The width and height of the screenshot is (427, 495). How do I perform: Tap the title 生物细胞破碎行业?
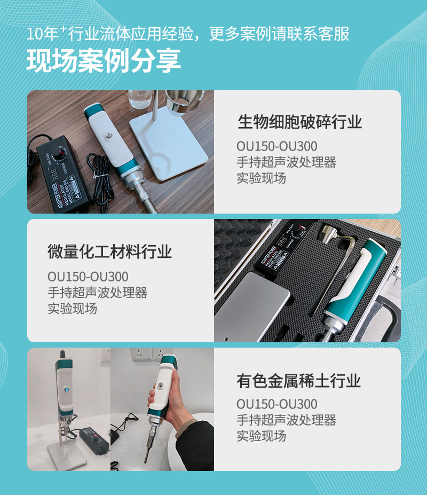click(299, 122)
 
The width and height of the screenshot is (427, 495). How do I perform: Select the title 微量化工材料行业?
click(109, 252)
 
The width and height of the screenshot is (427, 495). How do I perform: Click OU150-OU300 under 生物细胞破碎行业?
click(276, 146)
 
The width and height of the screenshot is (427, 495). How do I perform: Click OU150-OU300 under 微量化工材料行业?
click(88, 277)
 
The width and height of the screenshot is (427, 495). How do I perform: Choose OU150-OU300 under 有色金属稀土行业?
click(276, 404)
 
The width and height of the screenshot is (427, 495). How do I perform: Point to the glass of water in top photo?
click(140, 101)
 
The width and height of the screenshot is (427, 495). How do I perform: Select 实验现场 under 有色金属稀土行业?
click(261, 436)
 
